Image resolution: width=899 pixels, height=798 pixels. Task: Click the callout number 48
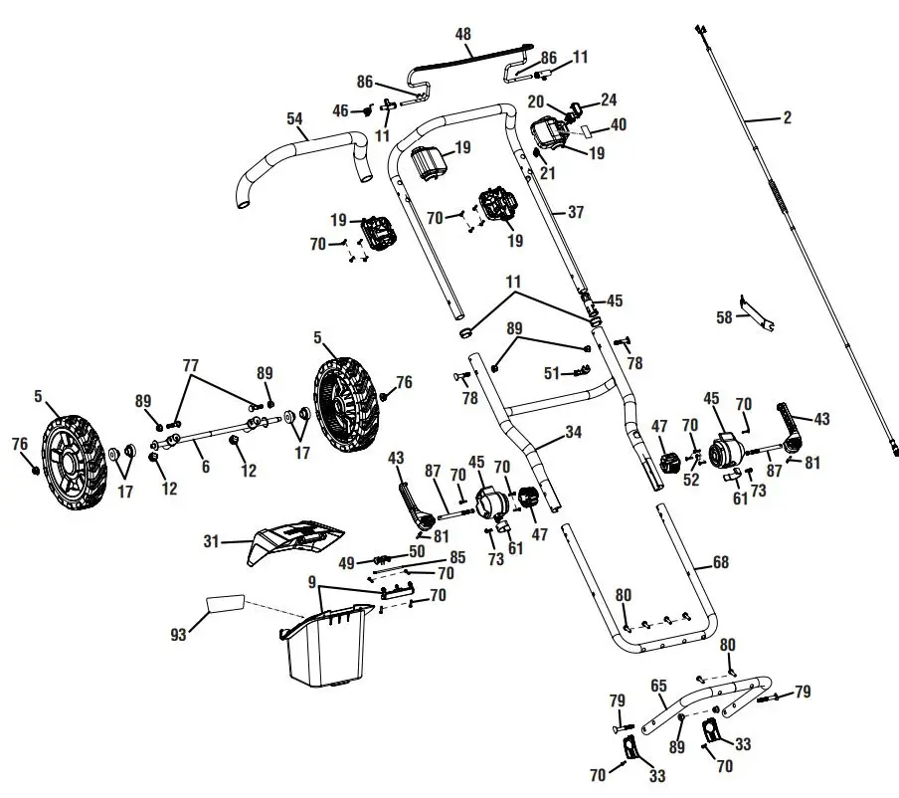point(463,34)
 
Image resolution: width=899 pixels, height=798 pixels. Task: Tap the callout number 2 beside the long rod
point(787,118)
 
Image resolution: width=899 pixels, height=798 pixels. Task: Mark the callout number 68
point(721,563)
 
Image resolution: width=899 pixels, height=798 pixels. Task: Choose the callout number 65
point(658,686)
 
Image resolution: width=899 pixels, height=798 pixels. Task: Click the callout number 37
point(576,212)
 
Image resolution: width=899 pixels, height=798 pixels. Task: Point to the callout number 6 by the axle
point(205,466)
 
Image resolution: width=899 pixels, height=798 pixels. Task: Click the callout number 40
point(619,124)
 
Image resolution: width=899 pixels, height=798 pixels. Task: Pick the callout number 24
point(608,100)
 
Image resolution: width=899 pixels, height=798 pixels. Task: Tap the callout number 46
point(340,111)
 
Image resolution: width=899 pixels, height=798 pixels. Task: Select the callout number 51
point(551,374)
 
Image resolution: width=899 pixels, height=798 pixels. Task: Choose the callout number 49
point(346,562)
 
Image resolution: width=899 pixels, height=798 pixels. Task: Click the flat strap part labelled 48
point(467,59)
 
